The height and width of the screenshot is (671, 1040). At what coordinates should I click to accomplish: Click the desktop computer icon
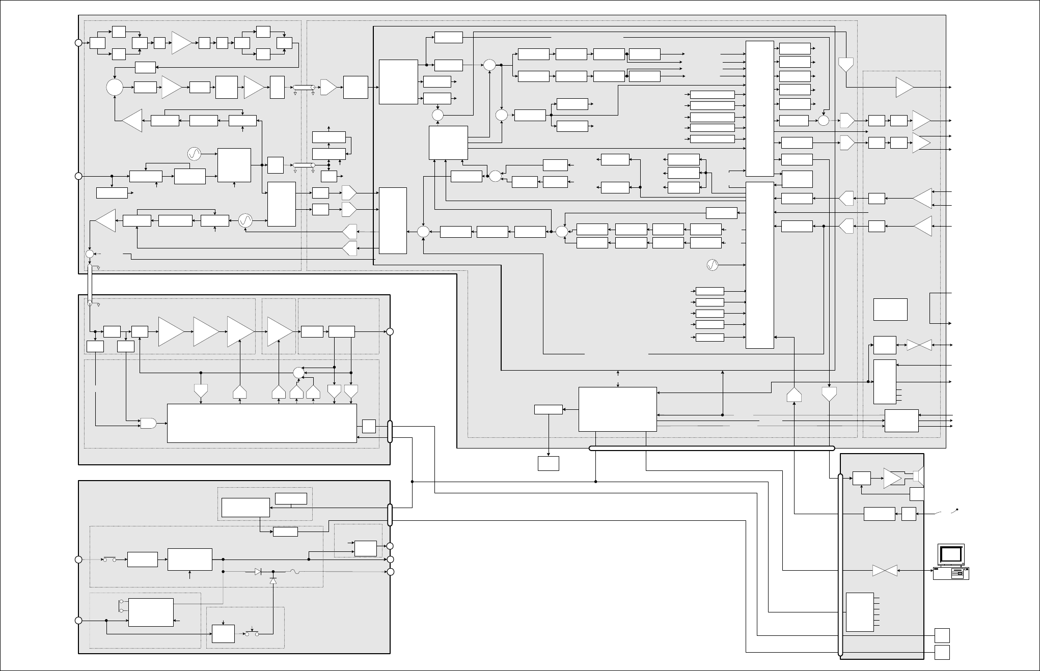tap(951, 562)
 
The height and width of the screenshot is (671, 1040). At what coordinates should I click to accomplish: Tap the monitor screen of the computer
tap(951, 554)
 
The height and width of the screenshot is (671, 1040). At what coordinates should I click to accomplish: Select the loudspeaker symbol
tap(918, 477)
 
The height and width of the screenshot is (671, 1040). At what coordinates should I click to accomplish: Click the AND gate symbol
tap(148, 423)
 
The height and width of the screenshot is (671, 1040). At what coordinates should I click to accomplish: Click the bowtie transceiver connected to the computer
tap(885, 571)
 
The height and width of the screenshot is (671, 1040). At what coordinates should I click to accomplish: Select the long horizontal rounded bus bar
tap(711, 449)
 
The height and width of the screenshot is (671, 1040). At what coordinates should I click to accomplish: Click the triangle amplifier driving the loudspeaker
tap(892, 478)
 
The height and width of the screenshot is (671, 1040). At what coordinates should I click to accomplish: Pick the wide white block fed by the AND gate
tap(262, 423)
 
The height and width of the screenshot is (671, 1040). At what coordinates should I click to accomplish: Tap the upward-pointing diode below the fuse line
tap(273, 581)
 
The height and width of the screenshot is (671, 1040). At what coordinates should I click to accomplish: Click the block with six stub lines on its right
tap(860, 612)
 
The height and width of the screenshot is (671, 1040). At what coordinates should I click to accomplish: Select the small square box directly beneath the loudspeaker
tap(917, 494)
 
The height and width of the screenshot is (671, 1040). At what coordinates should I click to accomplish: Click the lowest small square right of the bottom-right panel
tap(942, 652)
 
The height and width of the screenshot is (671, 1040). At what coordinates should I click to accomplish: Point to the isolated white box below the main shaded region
tap(549, 463)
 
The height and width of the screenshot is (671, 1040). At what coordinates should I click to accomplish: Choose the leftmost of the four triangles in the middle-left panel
tap(171, 331)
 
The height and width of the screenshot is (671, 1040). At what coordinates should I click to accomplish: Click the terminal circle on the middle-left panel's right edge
tap(390, 332)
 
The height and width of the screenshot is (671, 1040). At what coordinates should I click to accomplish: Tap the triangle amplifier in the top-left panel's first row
tap(181, 43)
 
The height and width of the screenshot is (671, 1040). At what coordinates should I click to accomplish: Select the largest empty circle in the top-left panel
tap(115, 87)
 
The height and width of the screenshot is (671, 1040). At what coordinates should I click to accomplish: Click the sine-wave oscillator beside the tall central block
tap(713, 265)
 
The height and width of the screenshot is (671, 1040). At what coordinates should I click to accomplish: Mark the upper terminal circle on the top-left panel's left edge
tap(78, 43)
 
